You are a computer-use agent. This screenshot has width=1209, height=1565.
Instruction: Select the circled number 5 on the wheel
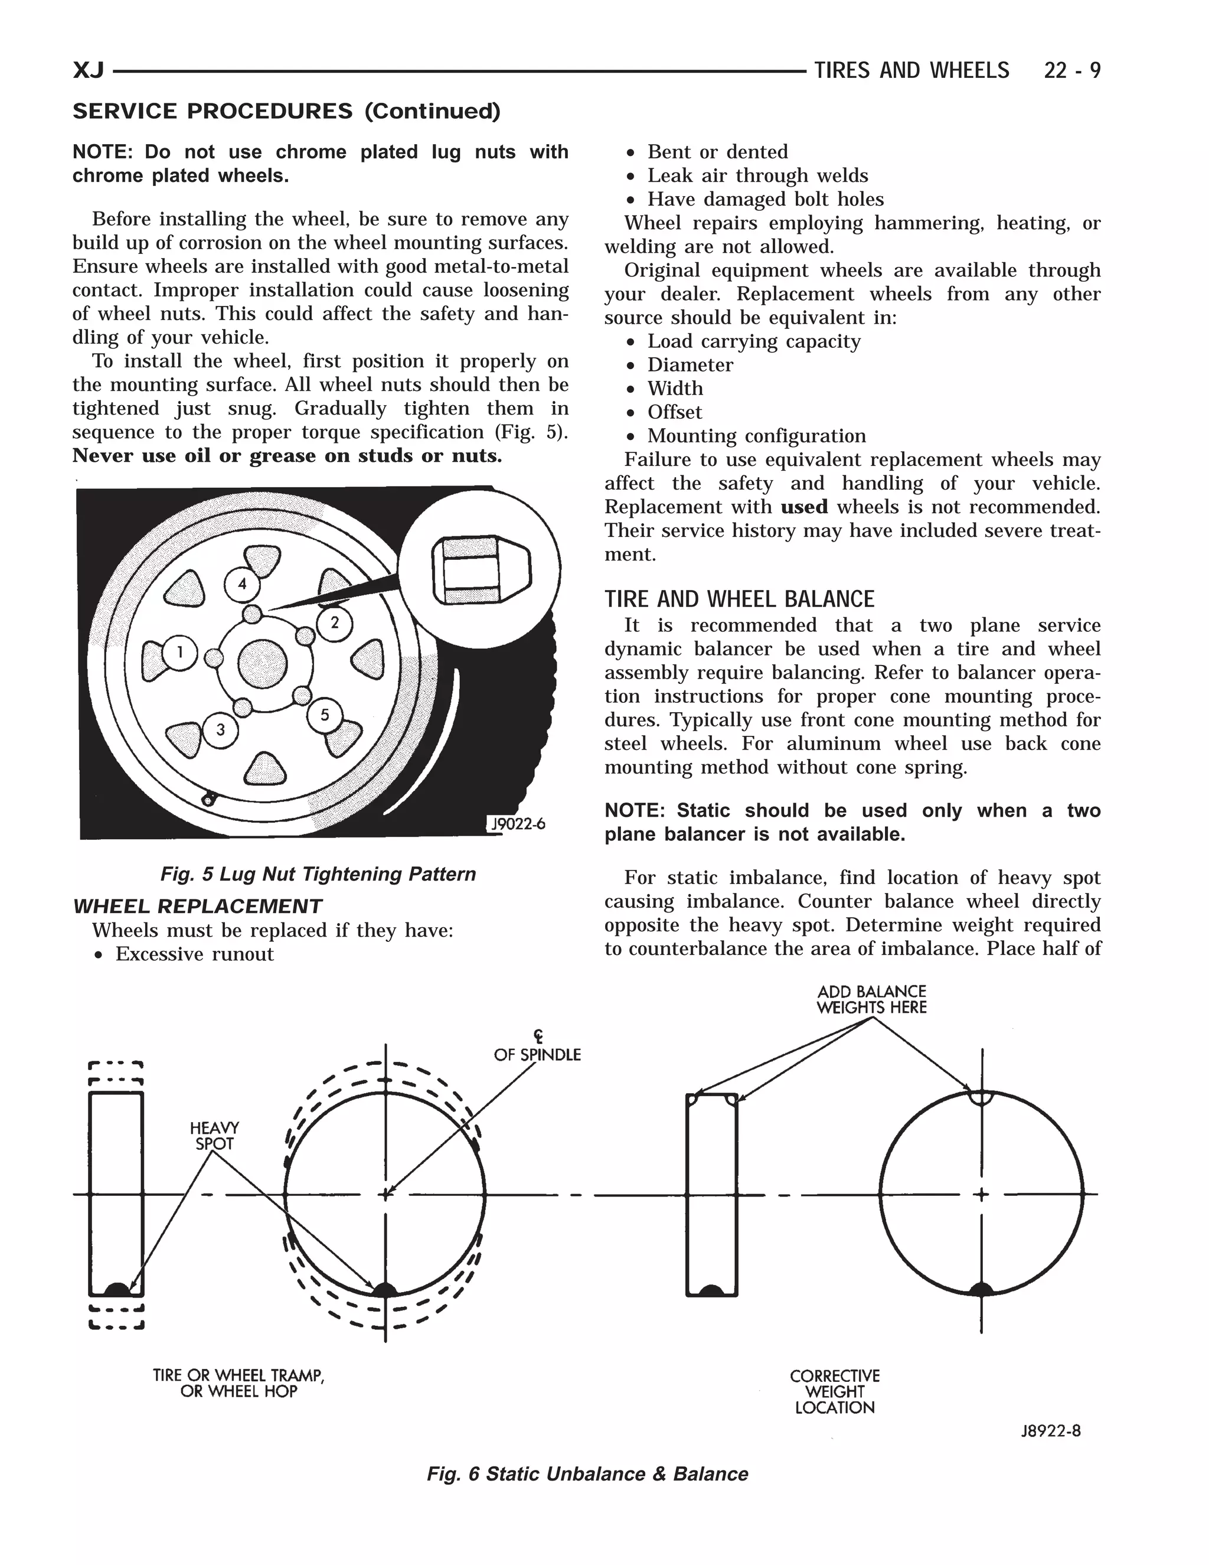coord(325,715)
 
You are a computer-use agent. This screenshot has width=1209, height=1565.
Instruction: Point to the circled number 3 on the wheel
coord(221,730)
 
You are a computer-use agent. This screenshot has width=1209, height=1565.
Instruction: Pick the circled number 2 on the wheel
coord(335,622)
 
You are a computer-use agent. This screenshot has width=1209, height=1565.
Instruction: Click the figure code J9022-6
coord(517,824)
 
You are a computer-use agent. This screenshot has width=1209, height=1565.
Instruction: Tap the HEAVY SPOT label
coord(214,1136)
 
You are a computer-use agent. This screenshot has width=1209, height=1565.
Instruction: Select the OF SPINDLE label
coord(537,1055)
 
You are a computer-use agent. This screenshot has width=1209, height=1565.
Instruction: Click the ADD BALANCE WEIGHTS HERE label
coord(872,1000)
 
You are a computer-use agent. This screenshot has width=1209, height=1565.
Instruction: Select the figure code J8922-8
coord(1050,1431)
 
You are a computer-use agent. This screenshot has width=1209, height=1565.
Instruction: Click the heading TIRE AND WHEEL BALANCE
coord(739,599)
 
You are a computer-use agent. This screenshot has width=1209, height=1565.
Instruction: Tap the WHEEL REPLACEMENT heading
coord(198,907)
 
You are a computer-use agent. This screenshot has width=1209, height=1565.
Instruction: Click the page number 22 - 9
coord(1072,70)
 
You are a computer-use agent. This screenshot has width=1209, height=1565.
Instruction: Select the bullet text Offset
coord(675,412)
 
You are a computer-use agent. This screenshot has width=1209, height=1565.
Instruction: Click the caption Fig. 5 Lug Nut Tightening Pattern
coord(318,874)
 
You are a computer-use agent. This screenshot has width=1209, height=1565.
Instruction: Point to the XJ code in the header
coord(89,70)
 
